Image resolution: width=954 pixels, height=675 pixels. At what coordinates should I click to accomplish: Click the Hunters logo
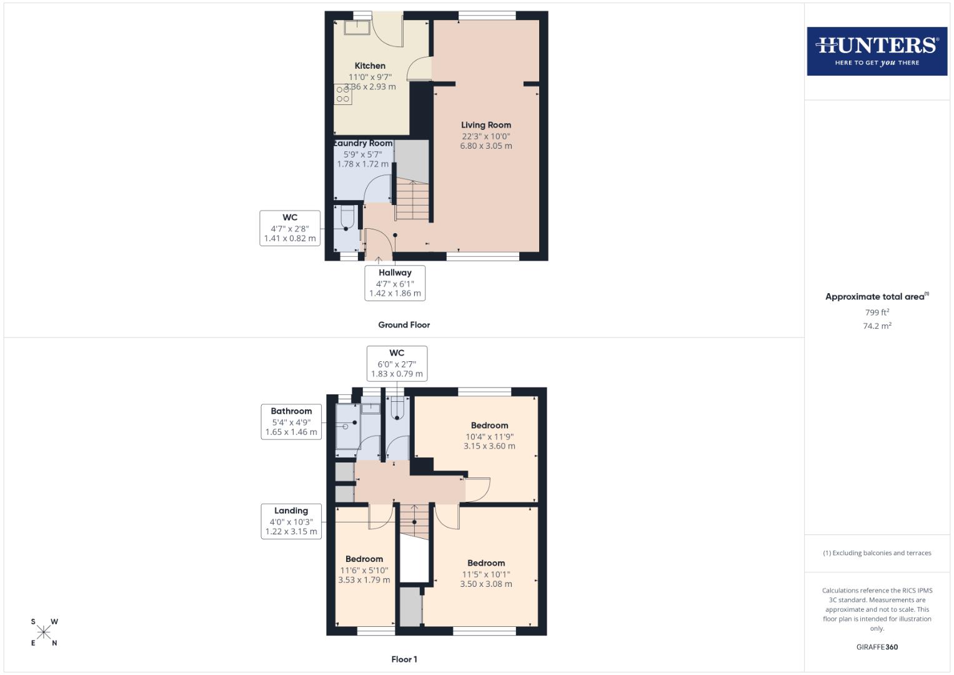(877, 51)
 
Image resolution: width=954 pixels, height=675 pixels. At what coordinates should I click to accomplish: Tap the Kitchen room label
(370, 66)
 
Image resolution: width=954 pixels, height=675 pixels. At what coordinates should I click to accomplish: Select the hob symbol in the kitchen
(342, 94)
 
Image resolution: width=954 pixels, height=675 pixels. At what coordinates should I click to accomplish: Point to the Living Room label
(485, 125)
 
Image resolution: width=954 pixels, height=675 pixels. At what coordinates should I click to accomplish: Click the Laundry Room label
(364, 143)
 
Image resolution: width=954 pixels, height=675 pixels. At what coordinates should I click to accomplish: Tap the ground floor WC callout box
(290, 228)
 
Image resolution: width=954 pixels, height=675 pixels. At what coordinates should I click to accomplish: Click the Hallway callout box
(395, 283)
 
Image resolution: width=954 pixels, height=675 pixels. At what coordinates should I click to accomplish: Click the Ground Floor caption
(404, 325)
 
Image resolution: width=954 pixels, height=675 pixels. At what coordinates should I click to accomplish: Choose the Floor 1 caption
(404, 659)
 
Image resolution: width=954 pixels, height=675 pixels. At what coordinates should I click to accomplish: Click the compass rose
(44, 632)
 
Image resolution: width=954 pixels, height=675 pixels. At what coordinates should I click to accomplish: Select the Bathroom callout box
(291, 422)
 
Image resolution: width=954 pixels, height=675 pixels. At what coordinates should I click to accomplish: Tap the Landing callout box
(291, 521)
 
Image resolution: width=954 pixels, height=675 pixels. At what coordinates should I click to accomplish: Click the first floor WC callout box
(397, 363)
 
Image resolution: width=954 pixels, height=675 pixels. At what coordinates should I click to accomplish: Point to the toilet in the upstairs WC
(397, 410)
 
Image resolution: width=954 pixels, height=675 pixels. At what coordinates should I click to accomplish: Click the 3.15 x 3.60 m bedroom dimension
(489, 446)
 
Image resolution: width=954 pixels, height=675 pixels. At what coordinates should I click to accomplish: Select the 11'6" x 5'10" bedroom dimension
(364, 570)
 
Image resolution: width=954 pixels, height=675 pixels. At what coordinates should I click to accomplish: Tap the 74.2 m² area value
(877, 326)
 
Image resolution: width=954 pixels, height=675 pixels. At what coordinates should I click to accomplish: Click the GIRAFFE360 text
(877, 647)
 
